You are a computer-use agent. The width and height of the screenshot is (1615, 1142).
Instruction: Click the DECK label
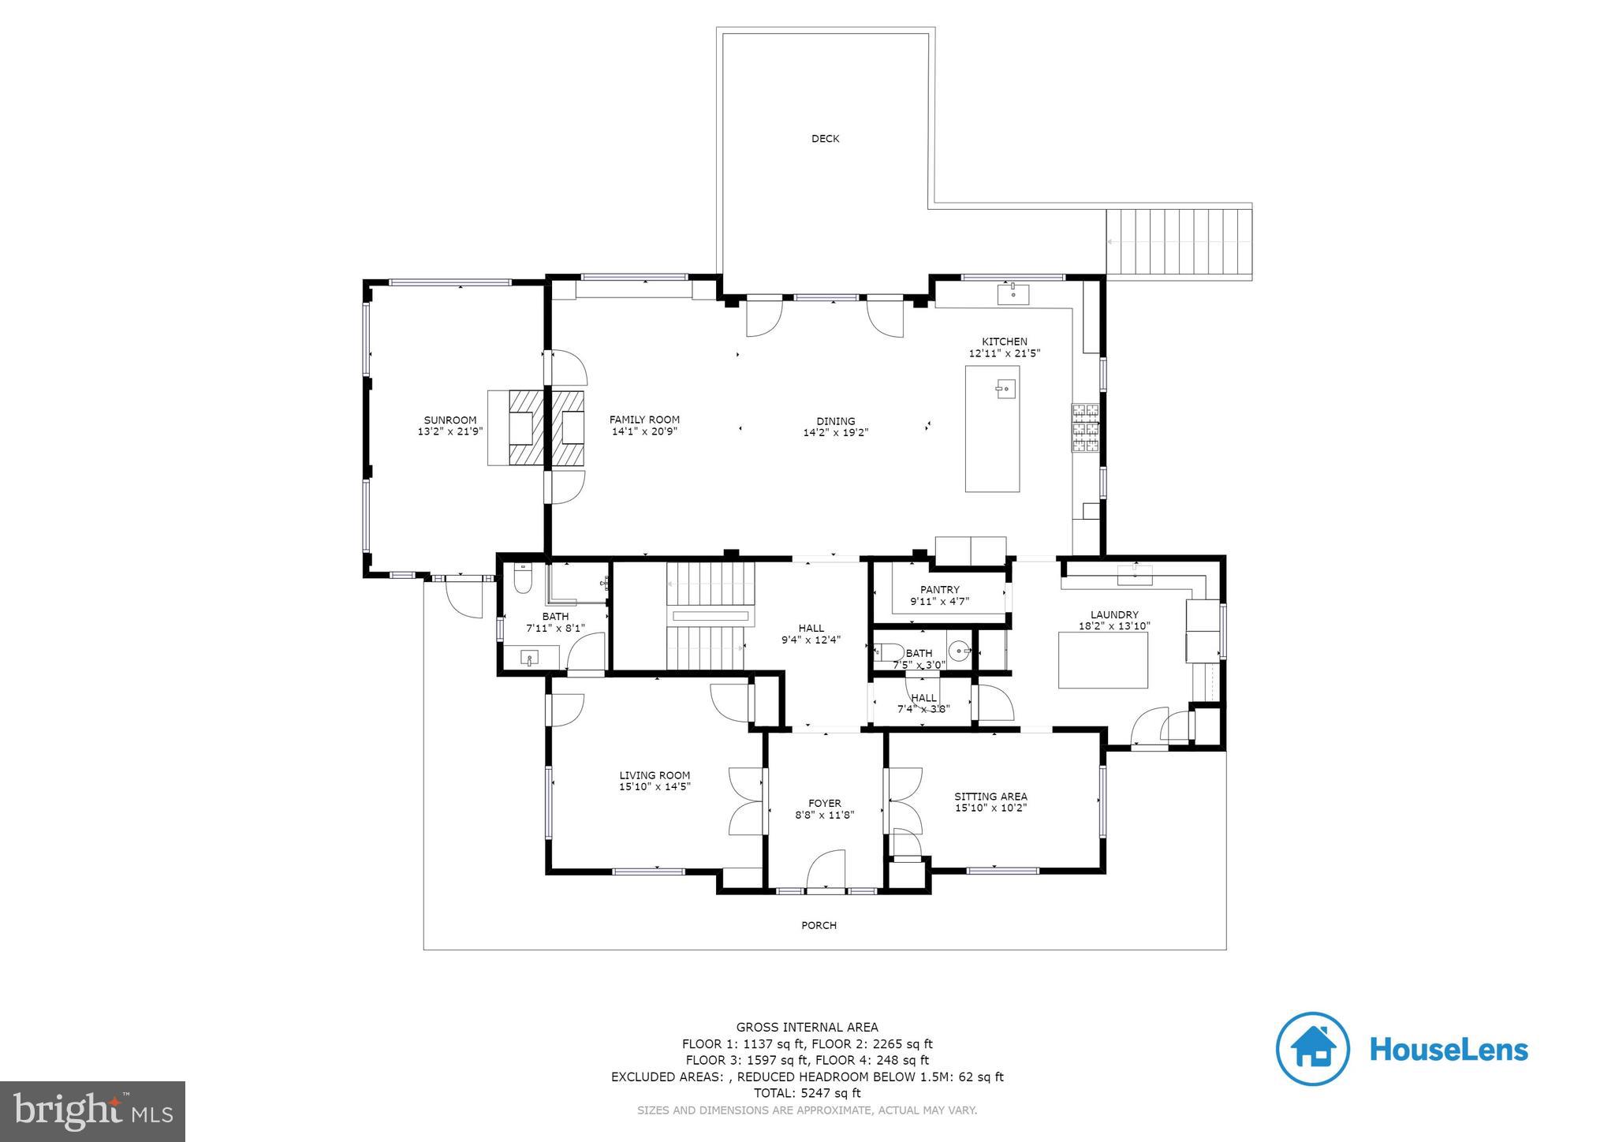(x=825, y=139)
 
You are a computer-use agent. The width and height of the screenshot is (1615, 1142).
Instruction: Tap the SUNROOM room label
(x=449, y=420)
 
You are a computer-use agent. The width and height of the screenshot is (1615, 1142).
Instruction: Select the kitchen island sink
(x=1004, y=389)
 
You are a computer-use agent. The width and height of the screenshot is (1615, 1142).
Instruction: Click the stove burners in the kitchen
(x=1085, y=428)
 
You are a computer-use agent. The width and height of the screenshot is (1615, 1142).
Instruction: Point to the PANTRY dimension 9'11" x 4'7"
(x=939, y=601)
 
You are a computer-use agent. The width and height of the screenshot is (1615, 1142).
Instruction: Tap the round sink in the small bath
(x=959, y=651)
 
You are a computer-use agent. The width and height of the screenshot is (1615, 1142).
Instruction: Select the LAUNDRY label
(x=1113, y=615)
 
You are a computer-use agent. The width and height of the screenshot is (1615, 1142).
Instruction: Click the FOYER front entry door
(x=826, y=871)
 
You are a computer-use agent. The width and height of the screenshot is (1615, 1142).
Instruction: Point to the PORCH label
(x=819, y=925)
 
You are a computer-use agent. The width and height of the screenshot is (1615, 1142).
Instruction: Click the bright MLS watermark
(x=92, y=1111)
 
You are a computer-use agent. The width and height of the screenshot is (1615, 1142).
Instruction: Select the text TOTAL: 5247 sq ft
(x=807, y=1093)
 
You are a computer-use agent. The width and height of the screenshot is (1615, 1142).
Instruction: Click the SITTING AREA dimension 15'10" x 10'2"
(x=990, y=808)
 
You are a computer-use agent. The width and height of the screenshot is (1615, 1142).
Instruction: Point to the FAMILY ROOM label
(x=643, y=420)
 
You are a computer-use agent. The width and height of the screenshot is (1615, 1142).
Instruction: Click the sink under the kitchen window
(x=1013, y=295)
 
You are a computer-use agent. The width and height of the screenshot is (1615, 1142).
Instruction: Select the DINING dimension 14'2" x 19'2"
(x=835, y=432)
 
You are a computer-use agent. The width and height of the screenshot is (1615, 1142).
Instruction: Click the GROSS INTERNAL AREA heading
(x=807, y=1027)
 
